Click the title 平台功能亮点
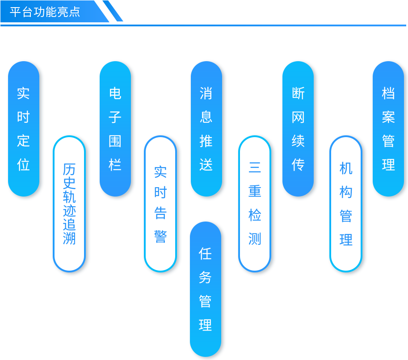coord(45,12)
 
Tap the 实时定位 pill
coord(24,129)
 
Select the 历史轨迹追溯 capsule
coord(69,204)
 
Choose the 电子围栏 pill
coord(115,129)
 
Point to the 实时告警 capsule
coord(160,204)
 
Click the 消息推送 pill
coord(206,129)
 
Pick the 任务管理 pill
coord(206,289)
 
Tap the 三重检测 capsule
coord(255,204)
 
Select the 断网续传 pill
coord(298,129)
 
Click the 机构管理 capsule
coord(346,204)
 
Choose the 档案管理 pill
coord(388,129)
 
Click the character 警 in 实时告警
coord(160,236)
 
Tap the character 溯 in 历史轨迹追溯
coord(69,238)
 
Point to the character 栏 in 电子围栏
coord(115,165)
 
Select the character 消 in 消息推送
coord(206,93)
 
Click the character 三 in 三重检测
coord(255,167)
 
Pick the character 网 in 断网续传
coord(298,117)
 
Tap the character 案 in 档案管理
coord(388,117)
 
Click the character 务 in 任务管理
coord(205,277)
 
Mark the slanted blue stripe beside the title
coord(113,11)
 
